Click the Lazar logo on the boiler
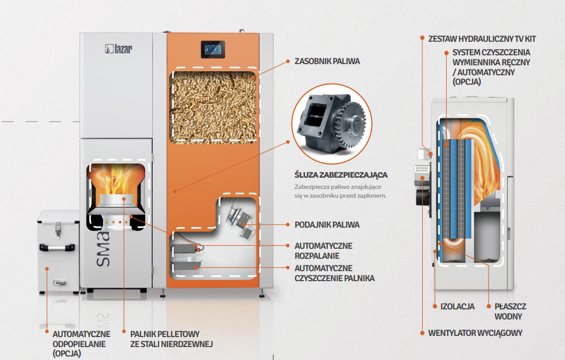118,48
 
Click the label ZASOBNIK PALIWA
327,61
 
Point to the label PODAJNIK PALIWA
326,225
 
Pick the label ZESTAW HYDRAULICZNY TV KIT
482,39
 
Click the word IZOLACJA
457,306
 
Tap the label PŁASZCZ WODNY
509,311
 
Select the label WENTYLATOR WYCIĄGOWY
475,333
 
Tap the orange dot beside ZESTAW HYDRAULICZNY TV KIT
422,39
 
